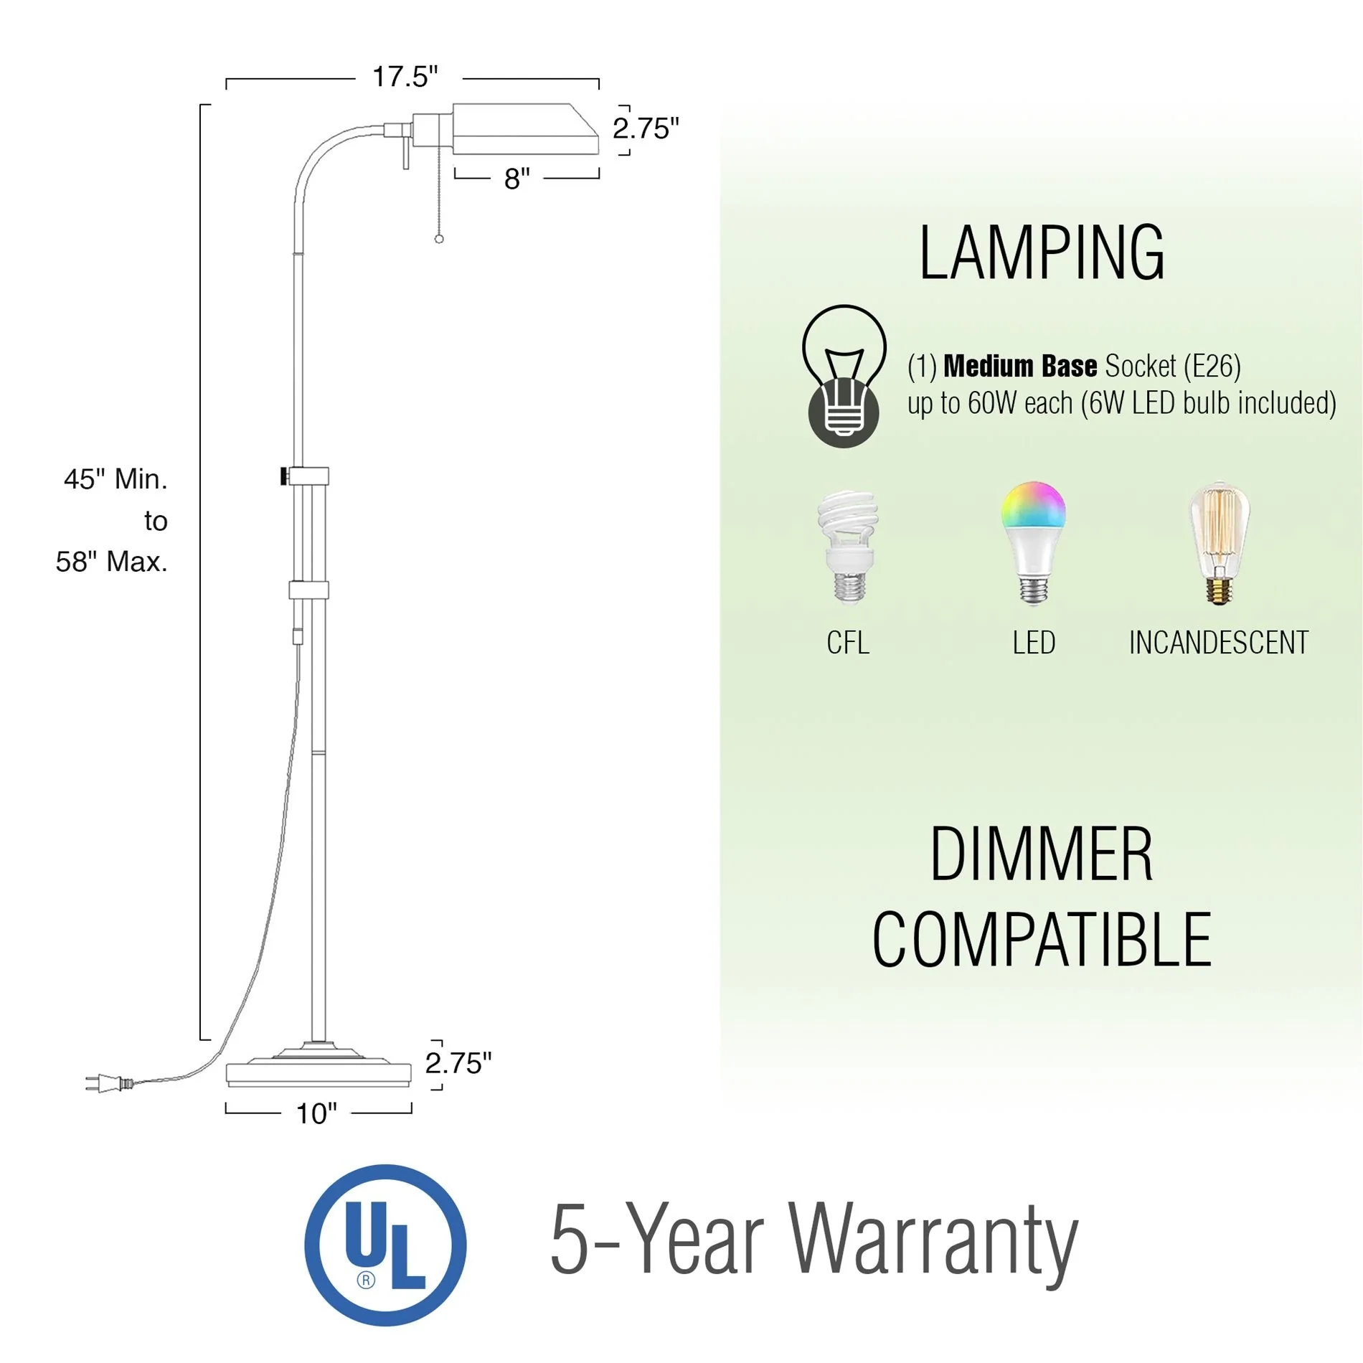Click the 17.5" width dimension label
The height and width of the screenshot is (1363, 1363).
click(x=405, y=77)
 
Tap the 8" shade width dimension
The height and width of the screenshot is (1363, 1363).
click(x=517, y=179)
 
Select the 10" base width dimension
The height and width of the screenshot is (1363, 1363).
click(x=316, y=1113)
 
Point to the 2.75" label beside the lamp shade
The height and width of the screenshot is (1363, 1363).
click(x=645, y=129)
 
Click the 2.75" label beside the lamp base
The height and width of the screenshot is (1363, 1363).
click(x=458, y=1063)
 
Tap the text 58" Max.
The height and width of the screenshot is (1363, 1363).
click(x=112, y=562)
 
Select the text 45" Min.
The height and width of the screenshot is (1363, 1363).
click(x=115, y=479)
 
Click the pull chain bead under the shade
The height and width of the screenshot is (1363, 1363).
click(x=439, y=239)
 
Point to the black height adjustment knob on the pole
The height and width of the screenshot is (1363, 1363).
click(x=284, y=476)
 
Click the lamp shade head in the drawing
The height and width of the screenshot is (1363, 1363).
click(x=524, y=130)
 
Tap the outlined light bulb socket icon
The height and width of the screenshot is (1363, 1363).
click(x=844, y=376)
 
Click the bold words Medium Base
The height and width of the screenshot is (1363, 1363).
click(x=1019, y=367)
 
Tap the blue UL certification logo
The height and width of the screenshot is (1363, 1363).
click(x=385, y=1245)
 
